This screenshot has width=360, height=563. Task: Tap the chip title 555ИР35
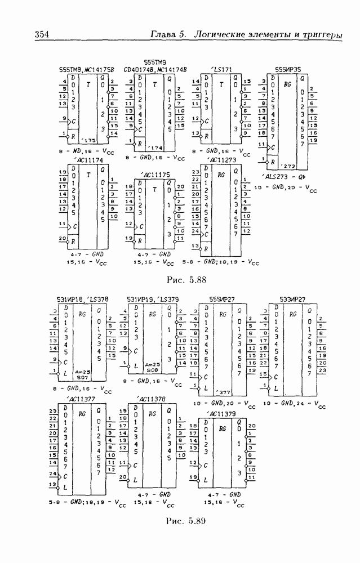[x=287, y=70]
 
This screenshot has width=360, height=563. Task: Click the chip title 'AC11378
[x=149, y=399]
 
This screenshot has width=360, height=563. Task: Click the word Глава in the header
[x=162, y=35]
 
